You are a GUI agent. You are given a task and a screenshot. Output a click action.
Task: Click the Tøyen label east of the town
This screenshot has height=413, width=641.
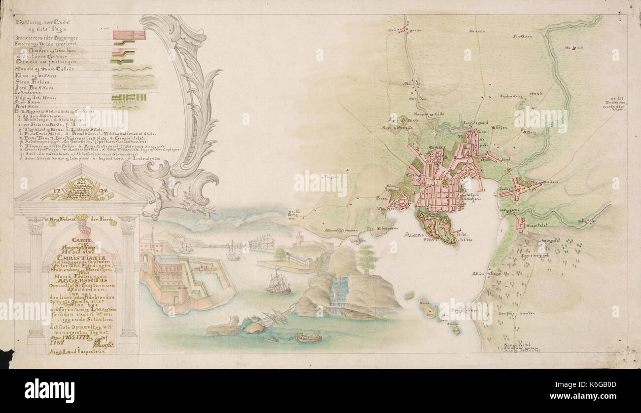click(500, 127)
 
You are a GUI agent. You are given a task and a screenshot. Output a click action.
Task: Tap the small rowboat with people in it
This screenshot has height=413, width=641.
click(309, 338)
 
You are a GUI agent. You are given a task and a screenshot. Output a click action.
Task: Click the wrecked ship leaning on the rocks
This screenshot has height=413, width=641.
click(274, 317)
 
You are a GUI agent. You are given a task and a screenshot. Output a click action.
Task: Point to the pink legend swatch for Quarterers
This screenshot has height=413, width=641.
click(129, 35)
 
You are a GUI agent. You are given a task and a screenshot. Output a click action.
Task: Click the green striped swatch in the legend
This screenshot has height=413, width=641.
click(129, 97)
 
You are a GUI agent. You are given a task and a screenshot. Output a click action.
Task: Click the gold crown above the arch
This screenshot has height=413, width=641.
click(81, 218)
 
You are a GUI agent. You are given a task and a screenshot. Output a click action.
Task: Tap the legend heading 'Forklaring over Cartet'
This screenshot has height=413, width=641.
click(43, 22)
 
